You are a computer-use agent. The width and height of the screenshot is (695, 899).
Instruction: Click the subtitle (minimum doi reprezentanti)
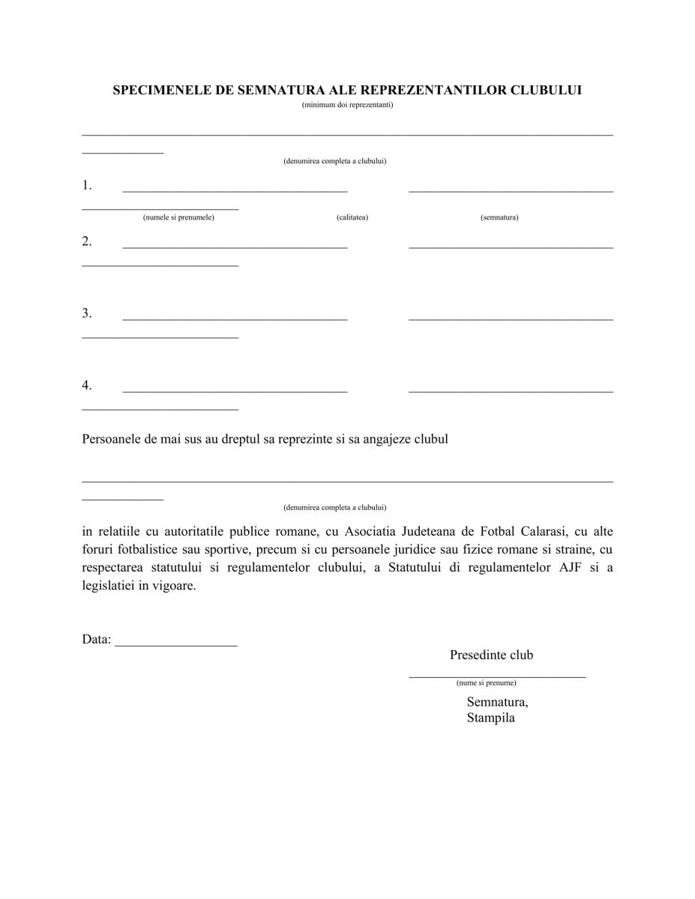click(x=347, y=105)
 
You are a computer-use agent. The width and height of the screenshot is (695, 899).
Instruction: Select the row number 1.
click(x=87, y=185)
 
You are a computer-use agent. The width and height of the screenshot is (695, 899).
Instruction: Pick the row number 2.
click(x=87, y=241)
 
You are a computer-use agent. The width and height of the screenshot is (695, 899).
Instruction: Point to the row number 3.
click(x=87, y=313)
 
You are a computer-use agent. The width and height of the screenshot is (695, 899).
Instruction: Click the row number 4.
click(x=87, y=385)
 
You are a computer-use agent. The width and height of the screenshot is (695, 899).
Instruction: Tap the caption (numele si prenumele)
click(x=178, y=217)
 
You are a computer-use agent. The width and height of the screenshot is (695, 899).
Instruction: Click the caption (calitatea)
click(x=352, y=217)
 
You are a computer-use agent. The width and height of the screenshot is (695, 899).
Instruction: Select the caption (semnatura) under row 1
click(x=499, y=217)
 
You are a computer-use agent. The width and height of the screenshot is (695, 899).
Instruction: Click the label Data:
click(x=97, y=640)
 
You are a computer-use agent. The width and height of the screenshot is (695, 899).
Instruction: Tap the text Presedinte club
click(x=491, y=655)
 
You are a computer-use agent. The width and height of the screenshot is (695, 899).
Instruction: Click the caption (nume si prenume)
click(x=486, y=683)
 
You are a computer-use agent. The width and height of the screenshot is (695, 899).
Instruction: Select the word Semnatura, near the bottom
click(x=497, y=702)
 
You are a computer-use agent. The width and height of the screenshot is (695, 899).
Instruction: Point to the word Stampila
click(x=490, y=718)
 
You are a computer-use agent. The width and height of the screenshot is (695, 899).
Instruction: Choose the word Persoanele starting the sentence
click(x=110, y=439)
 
